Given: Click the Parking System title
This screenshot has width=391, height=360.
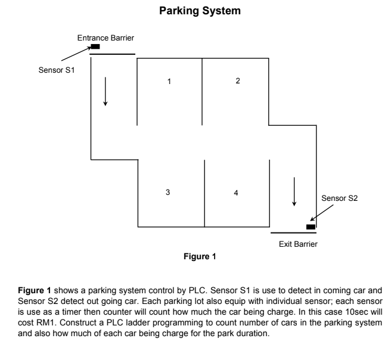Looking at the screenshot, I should (195, 11).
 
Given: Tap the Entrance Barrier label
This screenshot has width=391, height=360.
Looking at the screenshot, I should (105, 38).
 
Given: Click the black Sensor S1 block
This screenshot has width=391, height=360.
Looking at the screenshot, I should (95, 46).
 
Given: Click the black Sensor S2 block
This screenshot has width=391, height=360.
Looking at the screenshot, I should (311, 226).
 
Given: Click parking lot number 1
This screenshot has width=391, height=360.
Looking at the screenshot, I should (169, 82).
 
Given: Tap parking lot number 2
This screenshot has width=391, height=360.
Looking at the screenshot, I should (238, 81).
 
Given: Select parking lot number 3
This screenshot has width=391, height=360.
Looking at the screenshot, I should (168, 192).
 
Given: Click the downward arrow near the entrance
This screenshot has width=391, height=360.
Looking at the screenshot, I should (105, 91).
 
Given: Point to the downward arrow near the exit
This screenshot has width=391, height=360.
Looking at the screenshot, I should (294, 191).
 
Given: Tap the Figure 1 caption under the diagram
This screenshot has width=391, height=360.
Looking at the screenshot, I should (198, 257).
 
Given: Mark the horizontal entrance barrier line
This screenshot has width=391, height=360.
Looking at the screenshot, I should (112, 54).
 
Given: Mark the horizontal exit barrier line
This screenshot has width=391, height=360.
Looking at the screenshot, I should (293, 232).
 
